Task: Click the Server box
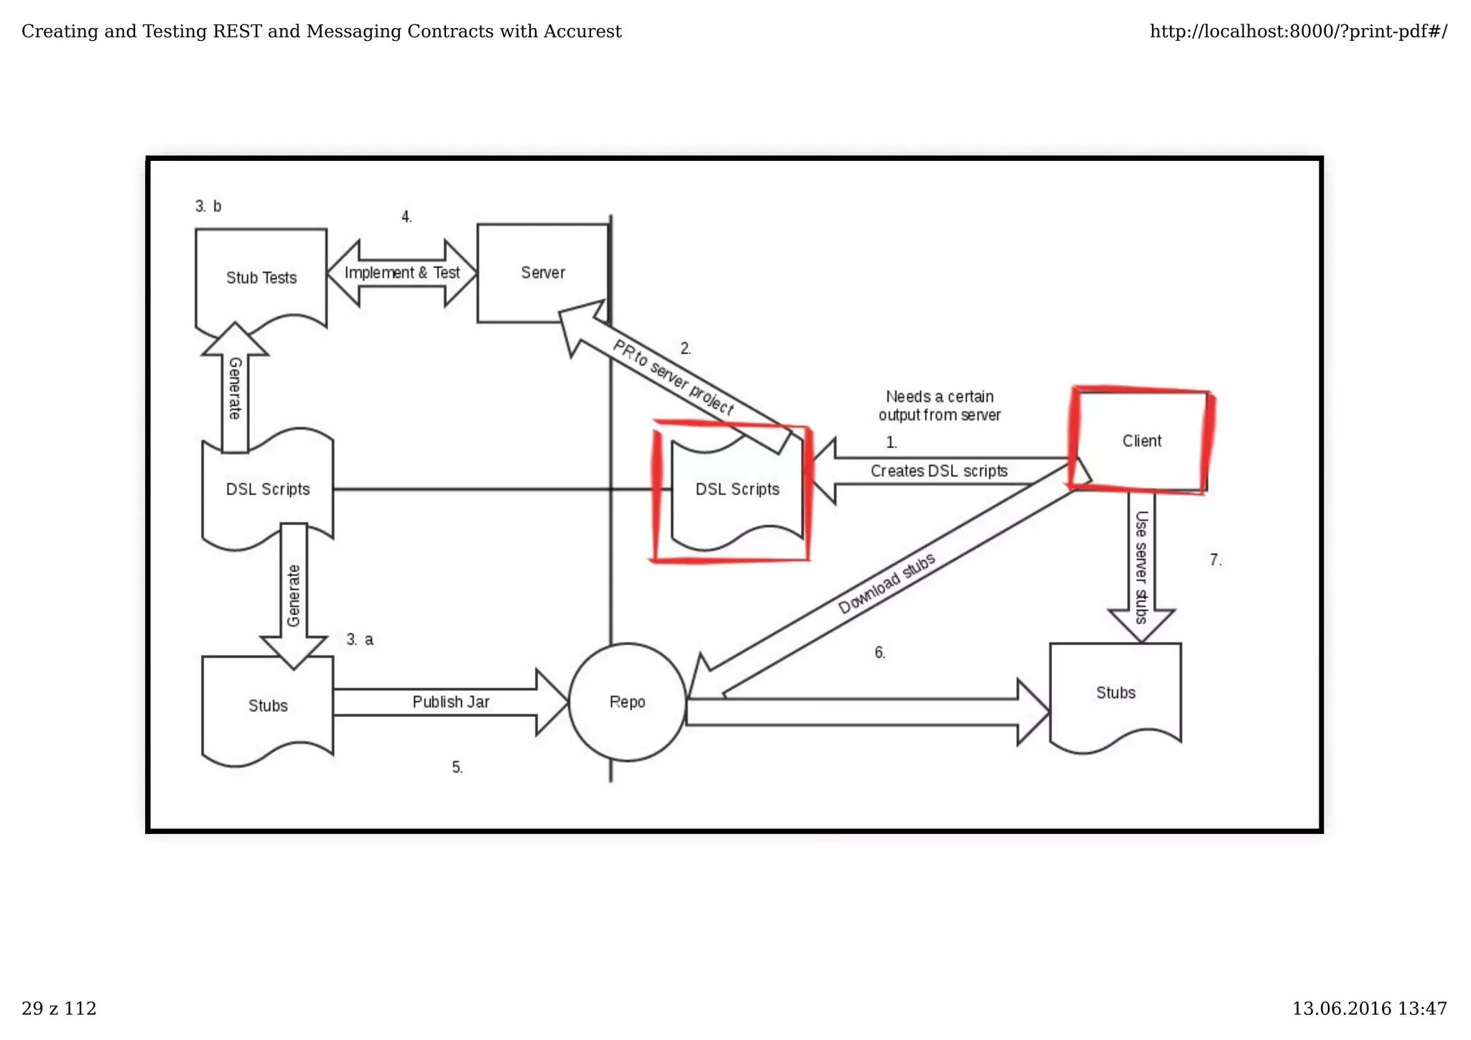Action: (542, 273)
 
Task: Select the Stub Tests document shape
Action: (261, 278)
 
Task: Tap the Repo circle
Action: (627, 702)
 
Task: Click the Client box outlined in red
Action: (1141, 441)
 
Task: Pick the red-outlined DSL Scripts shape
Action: (736, 490)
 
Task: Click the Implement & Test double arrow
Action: (402, 273)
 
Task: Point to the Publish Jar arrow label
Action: (450, 702)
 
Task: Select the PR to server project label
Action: (672, 377)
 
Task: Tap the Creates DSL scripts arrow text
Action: (938, 471)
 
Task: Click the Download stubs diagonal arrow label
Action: (886, 583)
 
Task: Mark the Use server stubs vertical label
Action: (1141, 567)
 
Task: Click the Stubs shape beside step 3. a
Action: (267, 706)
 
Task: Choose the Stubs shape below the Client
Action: (1115, 693)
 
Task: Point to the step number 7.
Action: (1215, 560)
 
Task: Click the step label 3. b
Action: (208, 207)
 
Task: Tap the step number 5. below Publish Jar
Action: (458, 768)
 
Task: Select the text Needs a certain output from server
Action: (939, 406)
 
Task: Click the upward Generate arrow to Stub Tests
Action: (235, 389)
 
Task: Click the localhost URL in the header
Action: (1298, 32)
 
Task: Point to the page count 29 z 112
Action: (59, 1009)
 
